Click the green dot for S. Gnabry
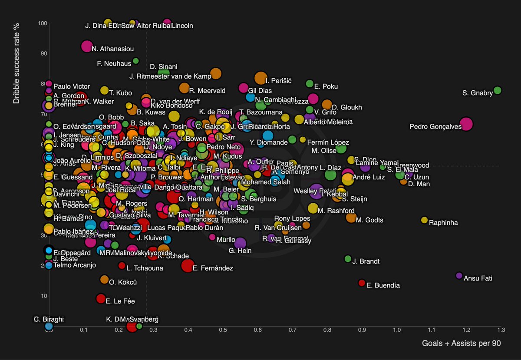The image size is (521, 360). click(x=498, y=90)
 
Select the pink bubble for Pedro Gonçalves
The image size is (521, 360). click(x=466, y=124)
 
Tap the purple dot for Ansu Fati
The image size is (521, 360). click(x=459, y=276)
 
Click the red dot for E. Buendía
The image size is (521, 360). click(x=362, y=283)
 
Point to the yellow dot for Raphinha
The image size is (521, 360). click(x=424, y=220)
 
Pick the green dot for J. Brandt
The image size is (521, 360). click(x=348, y=259)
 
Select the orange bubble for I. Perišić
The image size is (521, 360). click(x=260, y=78)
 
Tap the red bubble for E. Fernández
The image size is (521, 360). click(x=188, y=265)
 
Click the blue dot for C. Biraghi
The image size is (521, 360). click(x=49, y=326)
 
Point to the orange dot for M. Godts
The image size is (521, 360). click(x=351, y=218)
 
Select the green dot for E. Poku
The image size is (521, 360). click(x=310, y=83)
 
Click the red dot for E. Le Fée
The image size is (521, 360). click(x=101, y=298)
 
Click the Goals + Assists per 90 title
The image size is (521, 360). click(x=462, y=343)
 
